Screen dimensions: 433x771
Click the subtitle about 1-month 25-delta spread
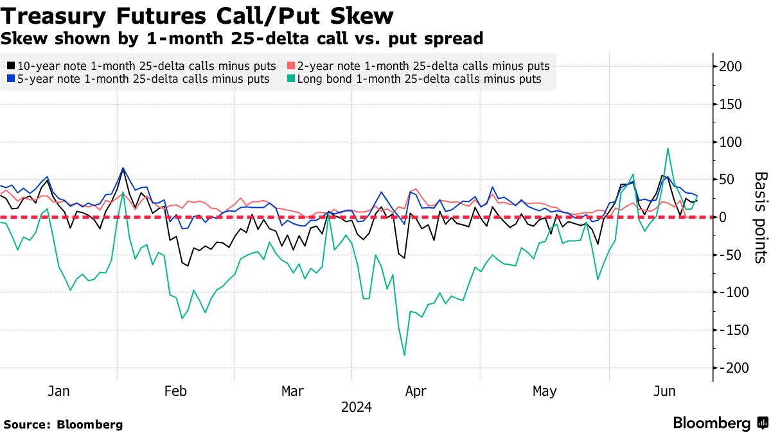pyautogui.click(x=242, y=38)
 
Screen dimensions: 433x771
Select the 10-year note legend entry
pyautogui.click(x=141, y=66)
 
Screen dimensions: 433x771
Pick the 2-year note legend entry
pyautogui.click(x=418, y=66)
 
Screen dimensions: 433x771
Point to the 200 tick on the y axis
pyautogui.click(x=731, y=67)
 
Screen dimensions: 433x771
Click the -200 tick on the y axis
pyautogui.click(x=731, y=368)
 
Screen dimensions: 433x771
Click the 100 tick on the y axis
pyautogui.click(x=731, y=142)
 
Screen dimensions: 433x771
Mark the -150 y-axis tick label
pyautogui.click(x=731, y=330)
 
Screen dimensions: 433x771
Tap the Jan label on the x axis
pyautogui.click(x=58, y=391)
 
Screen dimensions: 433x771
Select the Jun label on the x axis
pyautogui.click(x=664, y=391)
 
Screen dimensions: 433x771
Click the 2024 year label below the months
pyautogui.click(x=356, y=407)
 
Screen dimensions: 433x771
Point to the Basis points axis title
pyautogui.click(x=760, y=217)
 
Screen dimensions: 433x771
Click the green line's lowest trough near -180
pyautogui.click(x=404, y=355)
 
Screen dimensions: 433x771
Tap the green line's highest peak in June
pyautogui.click(x=668, y=149)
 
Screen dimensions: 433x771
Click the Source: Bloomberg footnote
pyautogui.click(x=63, y=424)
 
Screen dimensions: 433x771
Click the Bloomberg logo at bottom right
pyautogui.click(x=720, y=423)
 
